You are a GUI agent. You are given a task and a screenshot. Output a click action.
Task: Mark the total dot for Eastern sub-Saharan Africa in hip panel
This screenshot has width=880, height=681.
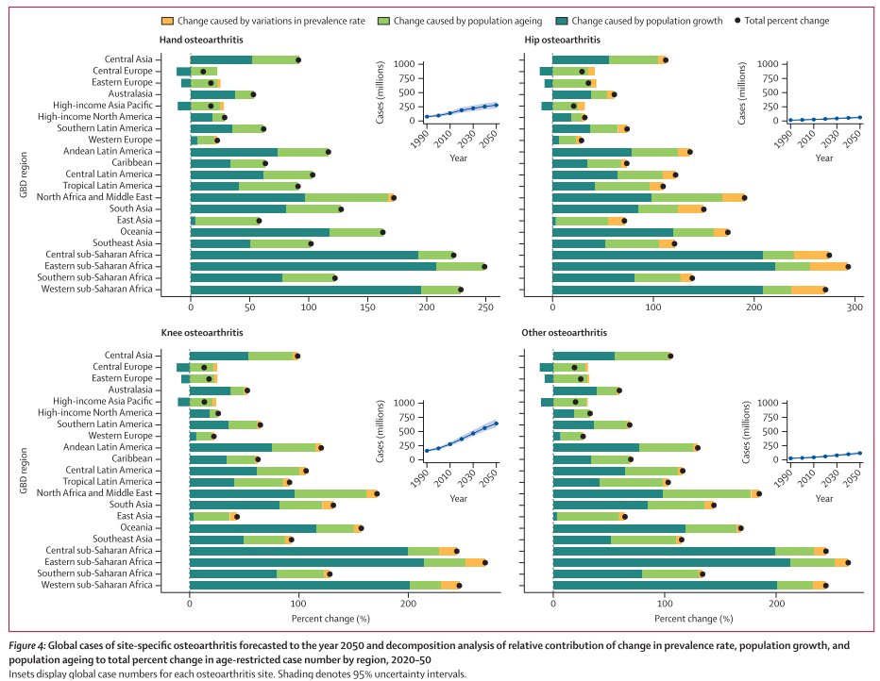pyautogui.click(x=848, y=266)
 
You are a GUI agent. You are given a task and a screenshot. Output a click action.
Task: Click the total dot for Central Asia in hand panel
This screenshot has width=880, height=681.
pyautogui.click(x=298, y=59)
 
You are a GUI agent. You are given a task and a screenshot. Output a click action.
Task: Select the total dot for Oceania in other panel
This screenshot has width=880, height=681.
pyautogui.click(x=740, y=528)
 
